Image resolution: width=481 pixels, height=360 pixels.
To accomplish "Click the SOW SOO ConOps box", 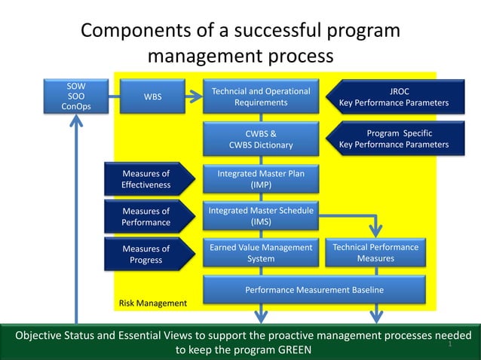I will pyautogui.click(x=75, y=96).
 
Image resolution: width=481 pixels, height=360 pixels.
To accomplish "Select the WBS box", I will pyautogui.click(x=152, y=96).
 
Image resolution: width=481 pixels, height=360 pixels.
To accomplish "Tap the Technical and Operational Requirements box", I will pyautogui.click(x=261, y=96).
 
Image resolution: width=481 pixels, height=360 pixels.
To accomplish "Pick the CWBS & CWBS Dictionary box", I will pyautogui.click(x=261, y=139).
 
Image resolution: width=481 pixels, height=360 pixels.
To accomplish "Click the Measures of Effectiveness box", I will pyautogui.click(x=146, y=179).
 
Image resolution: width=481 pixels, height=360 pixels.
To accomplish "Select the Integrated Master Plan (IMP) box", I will pyautogui.click(x=261, y=179).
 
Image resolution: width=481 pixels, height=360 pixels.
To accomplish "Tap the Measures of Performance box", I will pyautogui.click(x=146, y=217).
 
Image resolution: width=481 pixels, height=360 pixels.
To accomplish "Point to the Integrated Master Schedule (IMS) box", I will pyautogui.click(x=261, y=217).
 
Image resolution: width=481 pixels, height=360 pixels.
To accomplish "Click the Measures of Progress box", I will pyautogui.click(x=146, y=255).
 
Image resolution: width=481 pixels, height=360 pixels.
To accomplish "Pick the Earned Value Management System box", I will pyautogui.click(x=261, y=253).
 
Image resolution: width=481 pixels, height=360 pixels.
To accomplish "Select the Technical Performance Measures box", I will pyautogui.click(x=375, y=253).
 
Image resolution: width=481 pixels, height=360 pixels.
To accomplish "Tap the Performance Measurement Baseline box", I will pyautogui.click(x=314, y=290).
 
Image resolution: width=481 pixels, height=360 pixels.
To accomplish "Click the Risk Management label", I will pyautogui.click(x=153, y=303).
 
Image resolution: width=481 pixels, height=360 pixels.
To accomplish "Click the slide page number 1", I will pyautogui.click(x=449, y=344).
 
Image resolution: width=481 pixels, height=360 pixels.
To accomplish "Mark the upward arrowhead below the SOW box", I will pyautogui.click(x=75, y=121).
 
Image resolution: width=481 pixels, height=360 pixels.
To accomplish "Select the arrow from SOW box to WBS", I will pyautogui.click(x=114, y=96).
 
